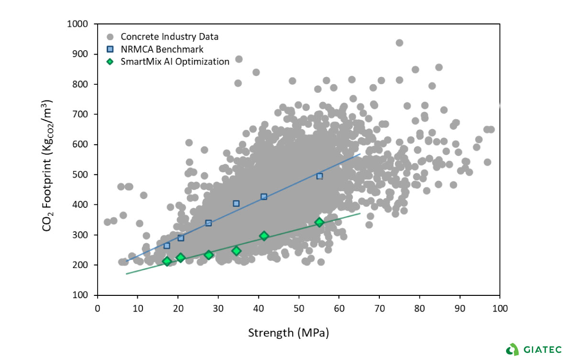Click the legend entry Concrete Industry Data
tap(170, 36)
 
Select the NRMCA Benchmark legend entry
tap(162, 49)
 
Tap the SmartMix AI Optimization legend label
tap(175, 61)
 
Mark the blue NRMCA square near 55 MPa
tap(320, 176)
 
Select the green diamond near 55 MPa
tap(320, 222)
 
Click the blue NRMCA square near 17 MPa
tap(167, 246)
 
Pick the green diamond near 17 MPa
tap(167, 261)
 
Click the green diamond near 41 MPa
tap(264, 236)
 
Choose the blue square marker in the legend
tap(110, 49)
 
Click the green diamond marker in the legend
tap(110, 61)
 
